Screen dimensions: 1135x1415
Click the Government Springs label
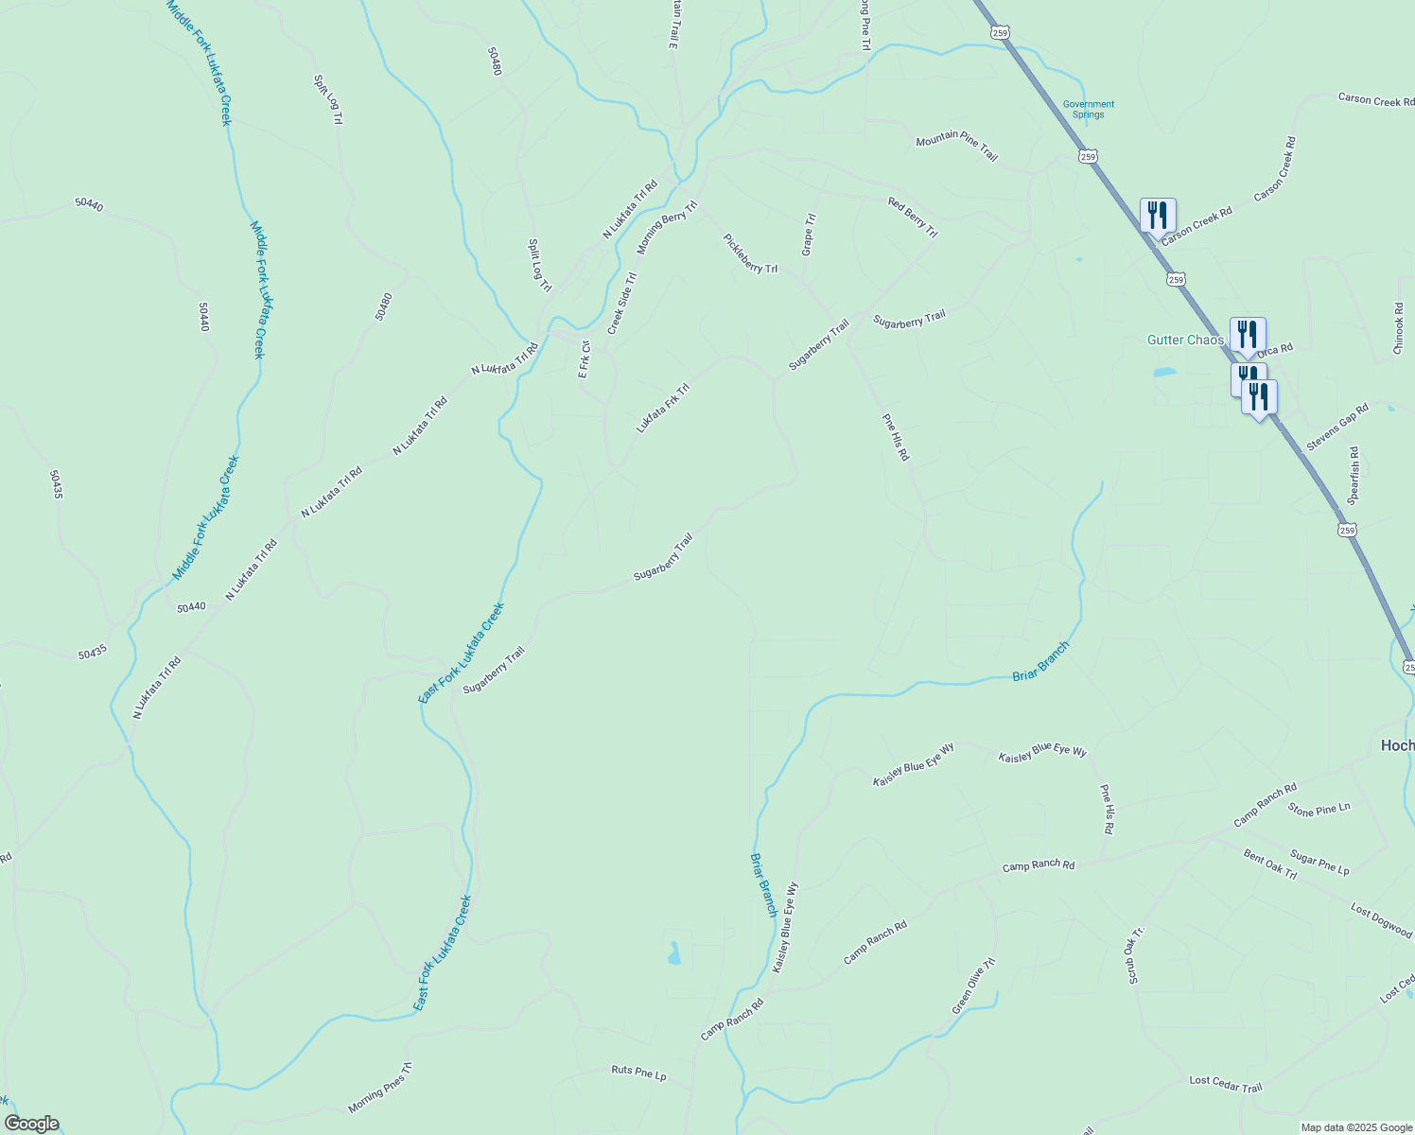pos(1088,110)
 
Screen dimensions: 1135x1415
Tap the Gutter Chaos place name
pos(1185,340)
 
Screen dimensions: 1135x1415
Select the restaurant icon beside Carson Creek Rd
pos(1158,215)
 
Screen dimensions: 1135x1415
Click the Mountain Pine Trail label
pos(956,148)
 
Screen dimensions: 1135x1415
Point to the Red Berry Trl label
pos(912,218)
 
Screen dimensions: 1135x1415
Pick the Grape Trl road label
pos(809,235)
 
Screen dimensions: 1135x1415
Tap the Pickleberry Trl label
pos(750,253)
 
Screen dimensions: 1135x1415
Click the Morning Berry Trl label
pos(667,227)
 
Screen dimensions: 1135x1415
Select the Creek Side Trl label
pos(622,304)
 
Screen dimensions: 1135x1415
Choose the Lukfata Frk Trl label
pos(662,408)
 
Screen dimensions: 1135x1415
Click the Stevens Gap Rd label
pos(1337,427)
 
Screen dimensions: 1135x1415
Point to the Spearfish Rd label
pos(1354,476)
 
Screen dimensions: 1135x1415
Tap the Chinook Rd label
pos(1399,328)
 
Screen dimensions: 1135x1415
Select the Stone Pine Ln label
pos(1319,809)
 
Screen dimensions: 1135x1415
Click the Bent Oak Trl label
pos(1269,864)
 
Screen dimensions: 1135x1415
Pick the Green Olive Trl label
pos(974,986)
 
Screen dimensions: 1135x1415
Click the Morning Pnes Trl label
pos(379,1088)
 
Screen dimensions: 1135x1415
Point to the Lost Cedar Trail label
pos(1225,1084)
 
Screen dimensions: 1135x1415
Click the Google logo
pos(30,1124)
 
